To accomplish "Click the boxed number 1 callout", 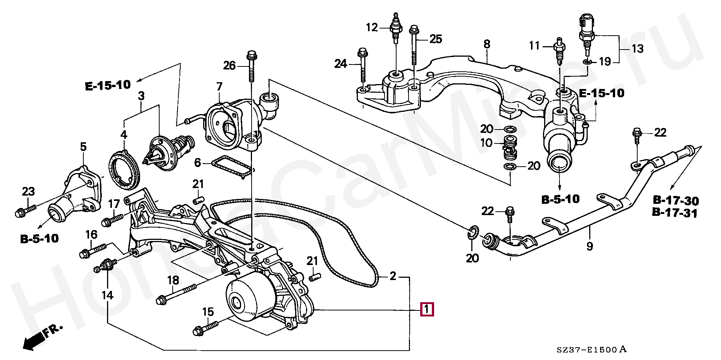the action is coord(427,310).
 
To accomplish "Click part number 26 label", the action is coord(229,66).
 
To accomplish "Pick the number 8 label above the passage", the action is coord(487,44).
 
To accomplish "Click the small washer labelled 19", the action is coord(587,62).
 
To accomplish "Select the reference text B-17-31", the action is coord(674,213).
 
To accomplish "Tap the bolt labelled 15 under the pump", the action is coord(205,328).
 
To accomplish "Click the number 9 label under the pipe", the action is coord(590,246).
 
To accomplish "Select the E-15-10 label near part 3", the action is coord(108,86).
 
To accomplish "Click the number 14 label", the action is coord(107,295).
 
